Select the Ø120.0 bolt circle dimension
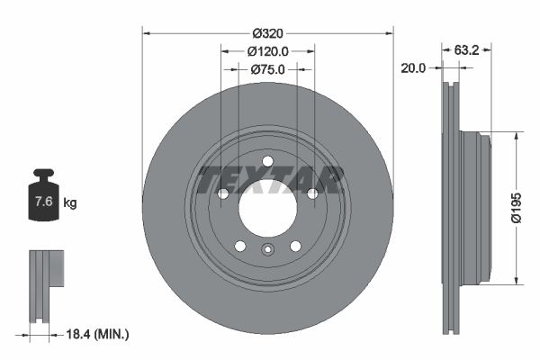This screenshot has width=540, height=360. click(x=267, y=51)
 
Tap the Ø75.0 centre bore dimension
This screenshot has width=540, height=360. click(x=267, y=68)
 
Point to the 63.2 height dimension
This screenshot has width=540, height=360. click(x=465, y=50)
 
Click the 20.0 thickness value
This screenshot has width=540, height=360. click(x=415, y=67)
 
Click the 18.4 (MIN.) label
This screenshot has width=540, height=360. click(x=100, y=334)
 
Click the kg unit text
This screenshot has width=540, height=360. click(x=70, y=202)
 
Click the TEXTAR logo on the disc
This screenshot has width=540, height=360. click(x=270, y=180)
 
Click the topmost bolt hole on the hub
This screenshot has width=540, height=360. click(x=267, y=161)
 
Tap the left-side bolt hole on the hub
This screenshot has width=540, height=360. click(x=222, y=193)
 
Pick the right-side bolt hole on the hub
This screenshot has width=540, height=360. click(x=312, y=193)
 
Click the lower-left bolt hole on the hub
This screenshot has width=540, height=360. click(x=239, y=247)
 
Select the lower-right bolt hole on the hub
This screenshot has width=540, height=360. click(x=295, y=247)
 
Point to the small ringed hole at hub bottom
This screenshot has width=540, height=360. click(x=267, y=251)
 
